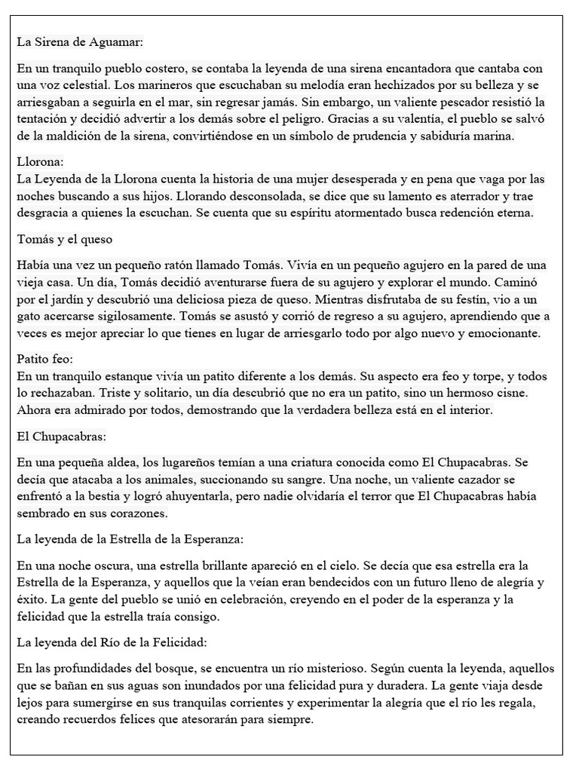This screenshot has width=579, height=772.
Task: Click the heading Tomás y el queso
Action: [x=64, y=240]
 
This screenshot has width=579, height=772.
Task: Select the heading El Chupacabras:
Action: [x=61, y=437]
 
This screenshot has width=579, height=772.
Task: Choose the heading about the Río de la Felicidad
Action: [x=111, y=642]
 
